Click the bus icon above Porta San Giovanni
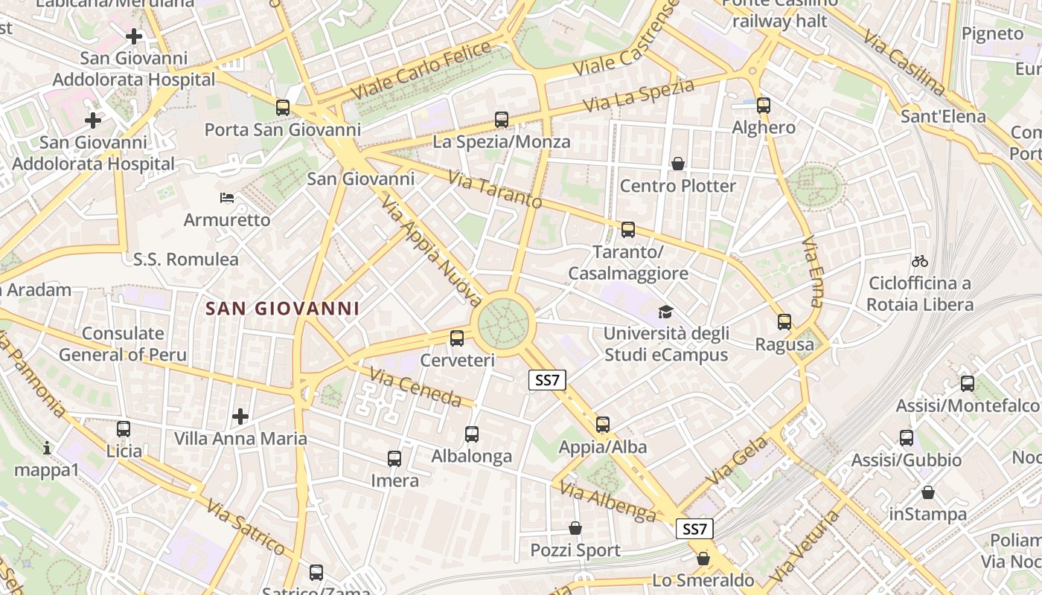(x=283, y=107)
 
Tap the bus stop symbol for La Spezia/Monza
(x=502, y=119)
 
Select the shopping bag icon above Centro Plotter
(x=678, y=163)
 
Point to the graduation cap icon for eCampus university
(x=665, y=312)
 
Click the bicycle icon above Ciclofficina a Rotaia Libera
(x=920, y=261)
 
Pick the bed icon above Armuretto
(x=227, y=198)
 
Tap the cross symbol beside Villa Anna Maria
(x=240, y=416)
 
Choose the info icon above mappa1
(x=47, y=448)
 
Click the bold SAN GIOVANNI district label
(x=282, y=309)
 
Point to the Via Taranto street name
(x=495, y=190)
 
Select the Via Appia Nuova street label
(x=432, y=251)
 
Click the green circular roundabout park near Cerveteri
(x=504, y=323)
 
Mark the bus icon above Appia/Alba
(x=603, y=425)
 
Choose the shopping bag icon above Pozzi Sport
(x=575, y=528)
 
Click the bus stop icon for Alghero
(x=764, y=105)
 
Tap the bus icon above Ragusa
(x=784, y=322)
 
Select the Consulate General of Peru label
(x=123, y=344)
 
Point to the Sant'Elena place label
(x=943, y=117)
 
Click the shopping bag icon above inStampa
(x=928, y=492)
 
